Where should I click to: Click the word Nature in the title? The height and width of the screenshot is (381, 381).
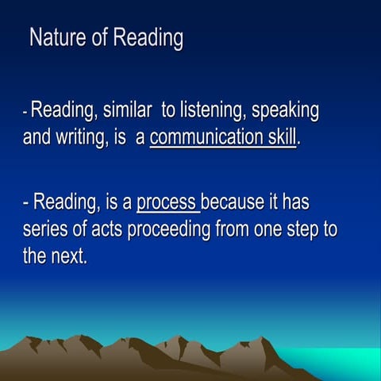tap(57, 38)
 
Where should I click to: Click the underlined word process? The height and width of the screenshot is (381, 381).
tap(167, 204)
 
